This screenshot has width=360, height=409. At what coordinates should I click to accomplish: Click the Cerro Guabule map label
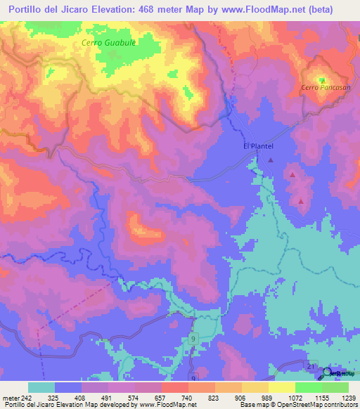pyautogui.click(x=108, y=42)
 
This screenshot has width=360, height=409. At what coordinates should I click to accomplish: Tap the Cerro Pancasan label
pyautogui.click(x=320, y=87)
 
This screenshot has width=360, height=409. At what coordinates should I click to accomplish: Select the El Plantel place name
pyautogui.click(x=257, y=146)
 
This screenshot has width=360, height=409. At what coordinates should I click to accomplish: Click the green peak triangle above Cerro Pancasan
pyautogui.click(x=322, y=79)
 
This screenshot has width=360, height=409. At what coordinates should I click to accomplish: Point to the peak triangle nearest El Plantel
pyautogui.click(x=271, y=160)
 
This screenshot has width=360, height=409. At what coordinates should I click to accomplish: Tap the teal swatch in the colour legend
pyautogui.click(x=41, y=387)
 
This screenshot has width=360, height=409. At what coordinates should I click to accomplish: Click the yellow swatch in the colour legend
pyautogui.click(x=282, y=387)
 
